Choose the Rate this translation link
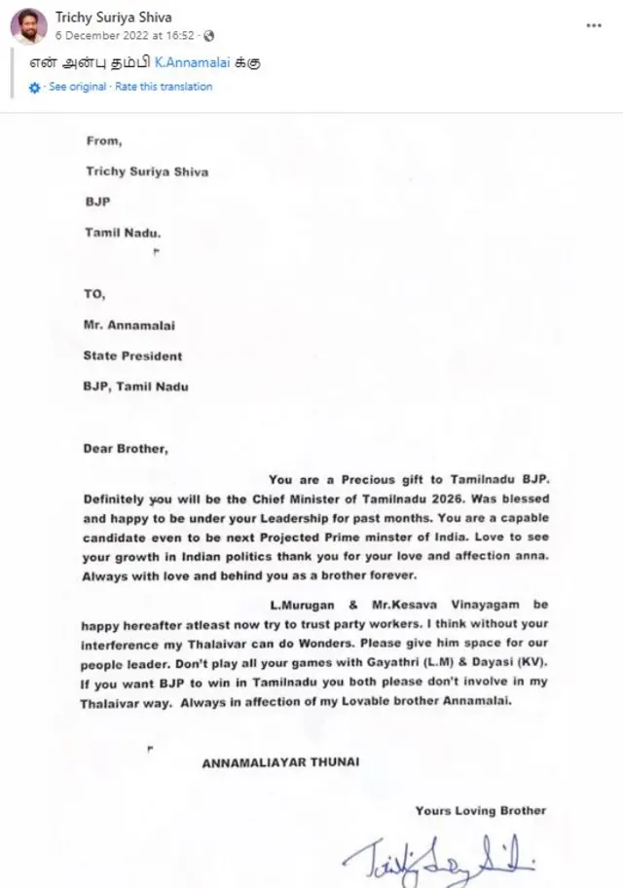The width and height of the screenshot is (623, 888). coord(164,87)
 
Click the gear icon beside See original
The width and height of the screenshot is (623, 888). coord(35,88)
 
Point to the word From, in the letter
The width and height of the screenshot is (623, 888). coord(105,140)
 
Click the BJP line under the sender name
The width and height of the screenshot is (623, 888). coord(98,203)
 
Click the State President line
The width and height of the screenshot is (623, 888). coord(132,355)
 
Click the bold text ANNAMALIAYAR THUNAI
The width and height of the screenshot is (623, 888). coord(279,761)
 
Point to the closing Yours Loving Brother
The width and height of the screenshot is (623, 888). coord(480,810)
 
